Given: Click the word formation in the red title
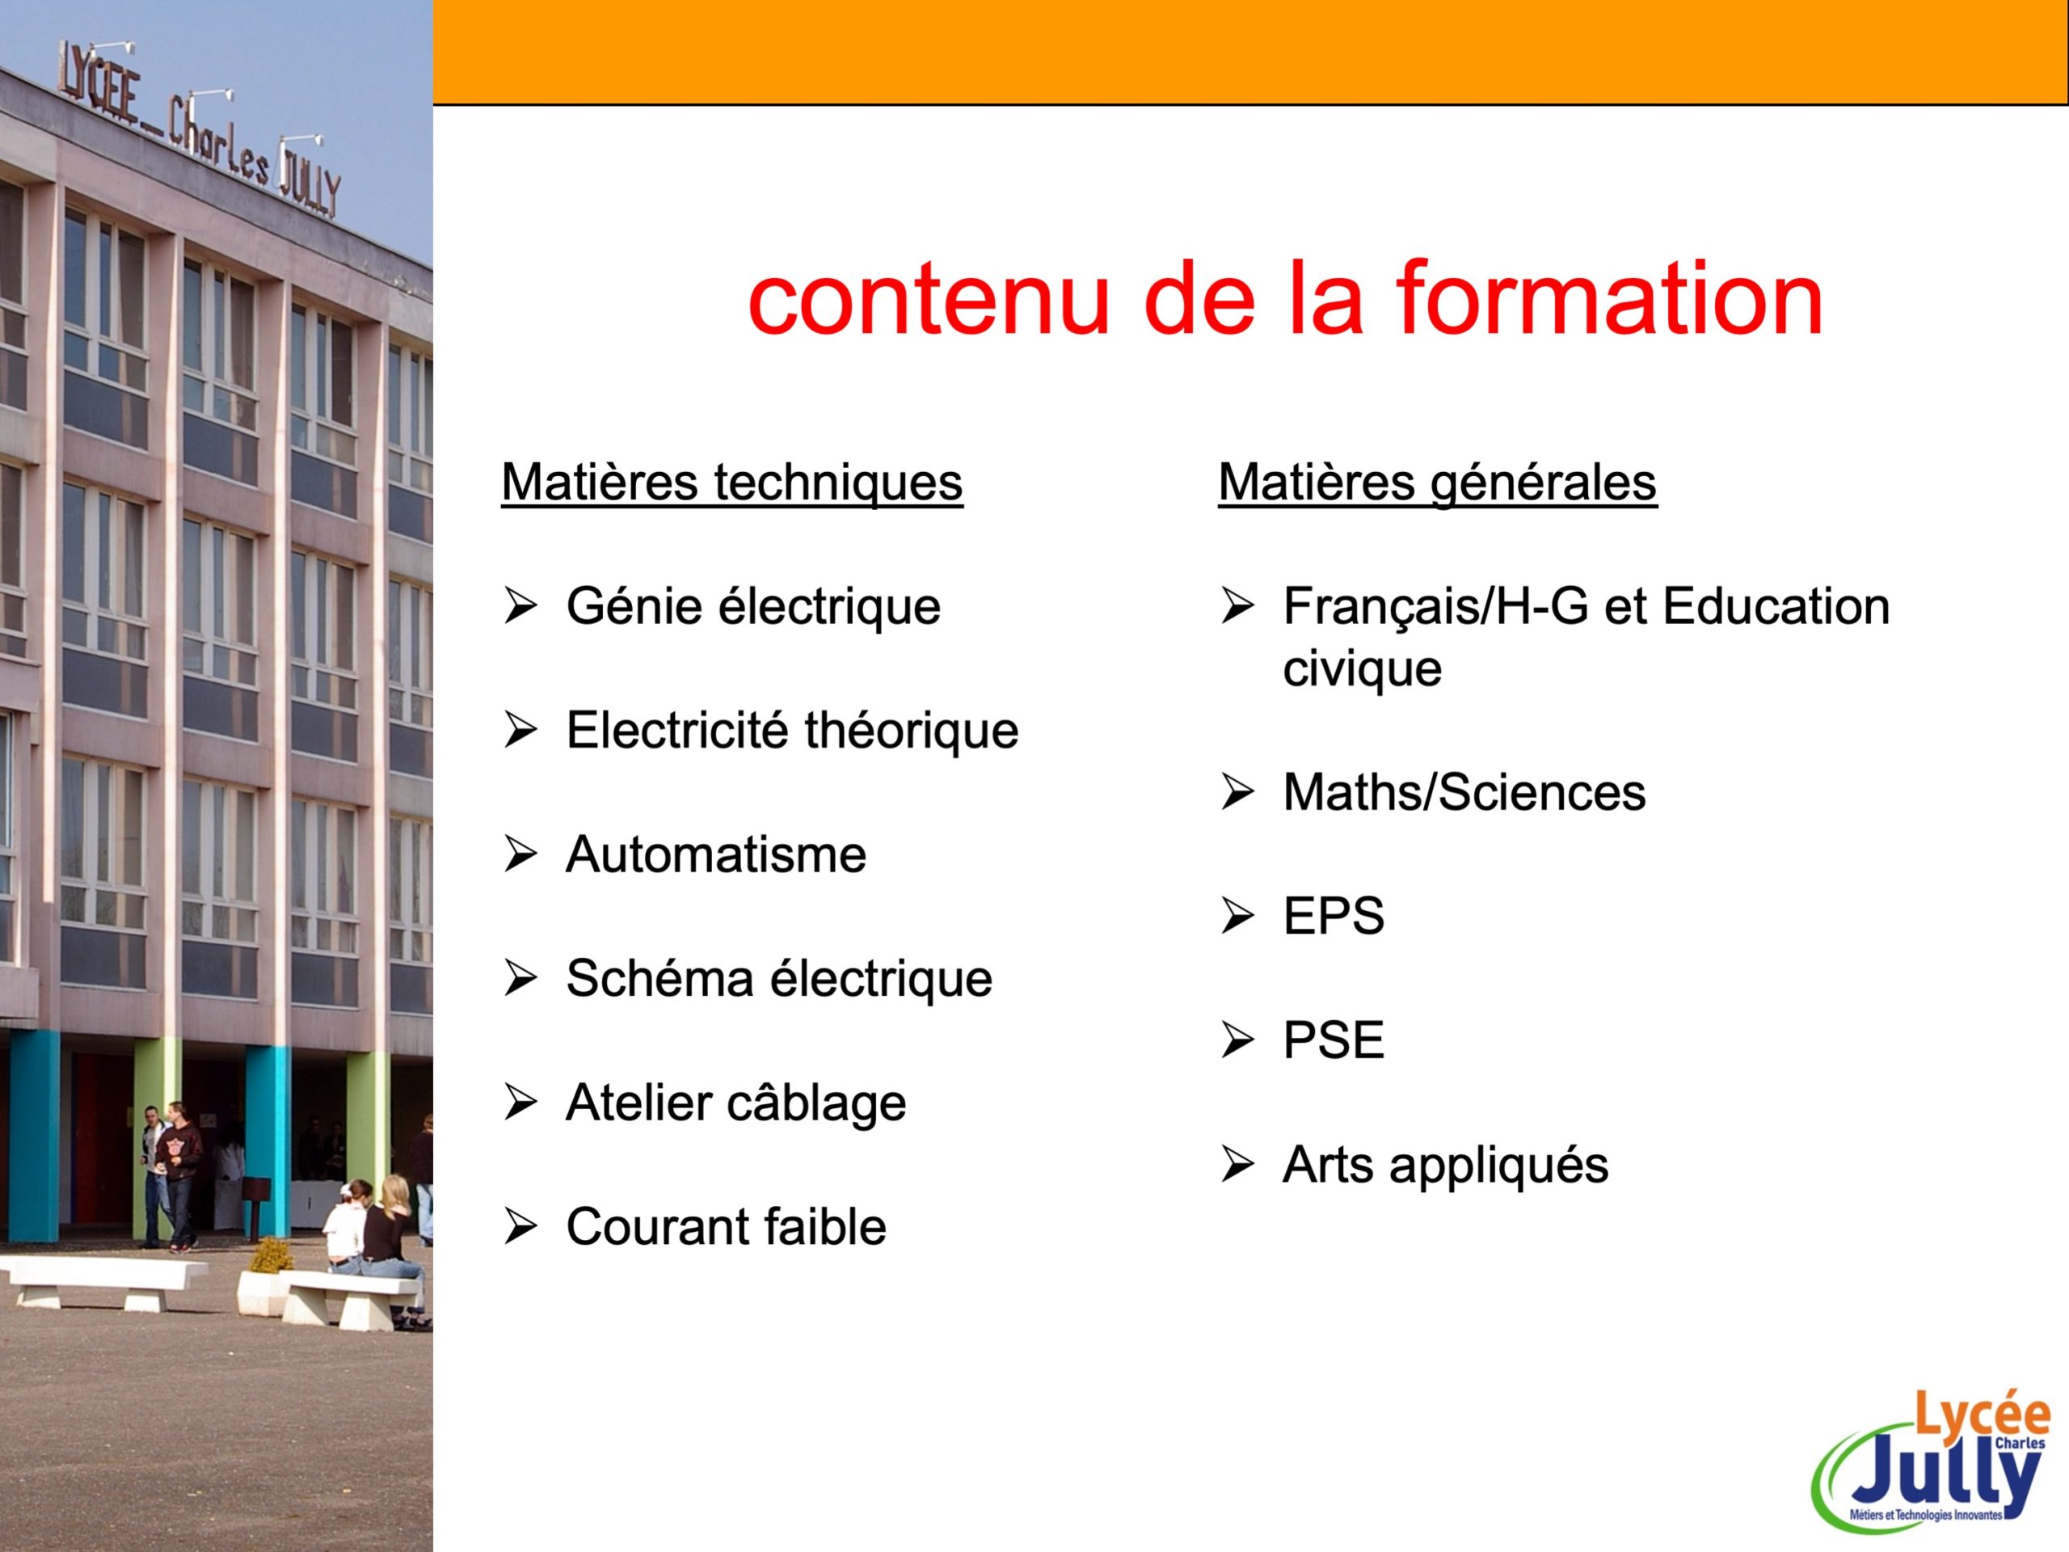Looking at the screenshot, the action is [1609, 298].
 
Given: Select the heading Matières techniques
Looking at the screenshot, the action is [732, 483].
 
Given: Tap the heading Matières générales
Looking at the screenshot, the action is [1438, 483].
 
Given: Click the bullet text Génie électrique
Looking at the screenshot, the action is [753, 607].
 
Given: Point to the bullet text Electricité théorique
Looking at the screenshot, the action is [792, 731].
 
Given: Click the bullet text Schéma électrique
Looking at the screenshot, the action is [779, 980].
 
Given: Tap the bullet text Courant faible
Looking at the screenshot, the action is [726, 1227].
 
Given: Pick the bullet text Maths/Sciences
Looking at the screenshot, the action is [1464, 793].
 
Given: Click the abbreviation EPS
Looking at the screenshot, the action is [1334, 917].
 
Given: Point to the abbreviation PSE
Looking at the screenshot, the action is [1334, 1040].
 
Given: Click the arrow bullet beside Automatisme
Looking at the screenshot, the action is [521, 854].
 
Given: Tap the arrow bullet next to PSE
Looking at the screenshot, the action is [1237, 1040].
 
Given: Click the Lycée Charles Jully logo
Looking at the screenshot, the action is [1932, 1470].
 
